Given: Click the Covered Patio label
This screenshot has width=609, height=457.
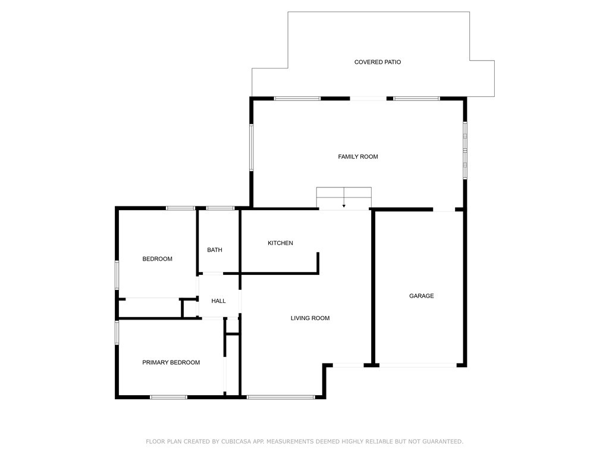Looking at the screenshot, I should click(x=377, y=62).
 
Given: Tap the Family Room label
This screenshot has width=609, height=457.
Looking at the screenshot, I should click(x=358, y=156).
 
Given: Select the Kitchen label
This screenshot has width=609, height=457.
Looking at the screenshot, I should click(x=280, y=243).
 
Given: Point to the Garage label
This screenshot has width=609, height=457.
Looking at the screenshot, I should click(x=421, y=296).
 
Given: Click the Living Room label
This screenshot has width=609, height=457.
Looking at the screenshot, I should click(x=310, y=318).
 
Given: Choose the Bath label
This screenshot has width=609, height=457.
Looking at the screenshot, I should click(x=215, y=250).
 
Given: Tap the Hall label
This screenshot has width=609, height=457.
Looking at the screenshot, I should click(x=218, y=301).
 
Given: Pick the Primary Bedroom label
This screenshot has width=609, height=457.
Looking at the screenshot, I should click(x=171, y=362).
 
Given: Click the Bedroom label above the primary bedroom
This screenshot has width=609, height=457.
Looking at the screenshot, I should click(x=157, y=259).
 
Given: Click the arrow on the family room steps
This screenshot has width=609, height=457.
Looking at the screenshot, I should click(x=344, y=205).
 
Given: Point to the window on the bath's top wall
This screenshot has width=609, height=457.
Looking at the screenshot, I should click(x=220, y=208).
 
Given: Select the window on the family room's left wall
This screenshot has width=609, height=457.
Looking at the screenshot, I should click(x=252, y=148).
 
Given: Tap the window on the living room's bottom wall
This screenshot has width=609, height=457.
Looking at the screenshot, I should click(x=281, y=397).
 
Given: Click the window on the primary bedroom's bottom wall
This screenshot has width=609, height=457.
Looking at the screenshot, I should click(x=168, y=397).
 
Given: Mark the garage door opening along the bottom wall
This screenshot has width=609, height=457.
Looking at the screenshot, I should click(x=418, y=365).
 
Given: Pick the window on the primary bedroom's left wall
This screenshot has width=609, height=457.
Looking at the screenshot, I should click(x=117, y=332).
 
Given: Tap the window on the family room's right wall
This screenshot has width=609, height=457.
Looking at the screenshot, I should click(x=465, y=150).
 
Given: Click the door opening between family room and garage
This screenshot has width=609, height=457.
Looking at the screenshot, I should click(x=444, y=209).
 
